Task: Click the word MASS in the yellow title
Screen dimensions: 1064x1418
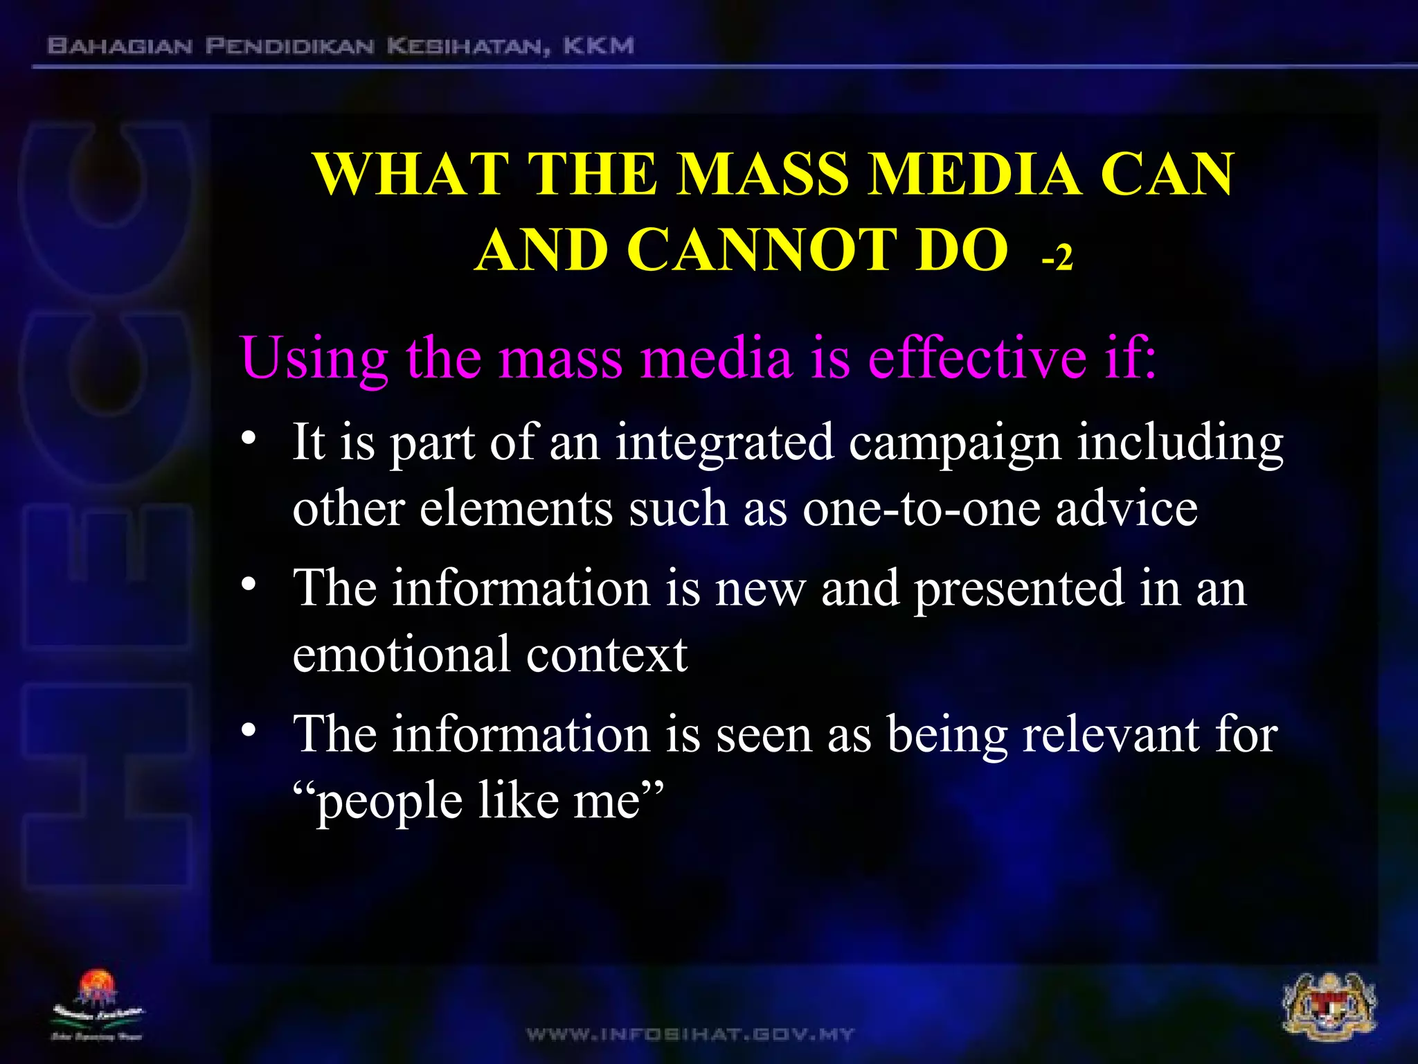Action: click(763, 174)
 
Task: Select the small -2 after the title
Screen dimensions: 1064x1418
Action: click(1057, 258)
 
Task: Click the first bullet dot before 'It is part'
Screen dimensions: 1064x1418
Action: click(249, 439)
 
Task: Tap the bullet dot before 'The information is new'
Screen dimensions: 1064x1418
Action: click(249, 586)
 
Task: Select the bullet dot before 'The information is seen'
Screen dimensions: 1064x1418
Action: click(249, 731)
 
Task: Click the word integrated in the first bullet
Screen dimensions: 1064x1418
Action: click(724, 443)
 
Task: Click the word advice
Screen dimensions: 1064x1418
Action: click(1127, 508)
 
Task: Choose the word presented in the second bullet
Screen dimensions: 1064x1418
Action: click(1018, 589)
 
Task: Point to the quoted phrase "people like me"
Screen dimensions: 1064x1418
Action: click(478, 802)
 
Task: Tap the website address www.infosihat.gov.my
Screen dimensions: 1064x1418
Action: click(690, 1035)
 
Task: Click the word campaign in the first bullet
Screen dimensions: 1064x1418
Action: click(955, 444)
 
